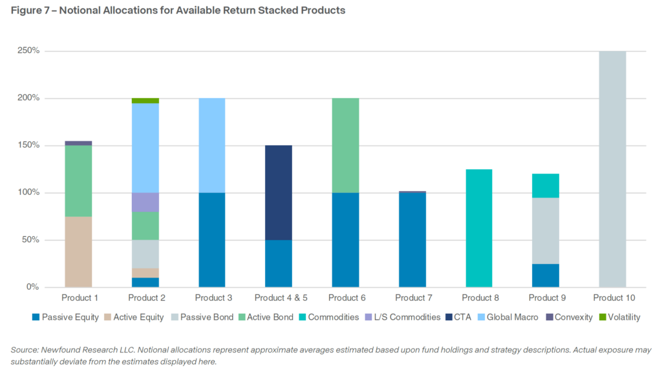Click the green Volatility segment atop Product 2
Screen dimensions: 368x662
click(x=145, y=101)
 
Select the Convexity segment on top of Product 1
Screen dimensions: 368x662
click(x=78, y=143)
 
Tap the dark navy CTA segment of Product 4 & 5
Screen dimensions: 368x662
click(x=279, y=192)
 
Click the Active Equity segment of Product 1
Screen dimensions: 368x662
click(x=78, y=252)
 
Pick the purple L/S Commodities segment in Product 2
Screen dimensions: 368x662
click(x=145, y=202)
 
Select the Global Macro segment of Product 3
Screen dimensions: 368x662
click(x=212, y=145)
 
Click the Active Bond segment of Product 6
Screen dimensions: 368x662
click(x=345, y=145)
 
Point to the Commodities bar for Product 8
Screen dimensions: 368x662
click(x=479, y=228)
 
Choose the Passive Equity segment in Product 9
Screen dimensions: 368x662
click(x=546, y=275)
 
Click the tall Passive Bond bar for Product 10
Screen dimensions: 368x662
click(x=612, y=169)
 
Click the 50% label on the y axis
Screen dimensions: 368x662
click(x=32, y=240)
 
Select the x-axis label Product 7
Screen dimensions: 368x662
click(x=414, y=298)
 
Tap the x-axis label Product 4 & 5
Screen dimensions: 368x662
click(x=279, y=298)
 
